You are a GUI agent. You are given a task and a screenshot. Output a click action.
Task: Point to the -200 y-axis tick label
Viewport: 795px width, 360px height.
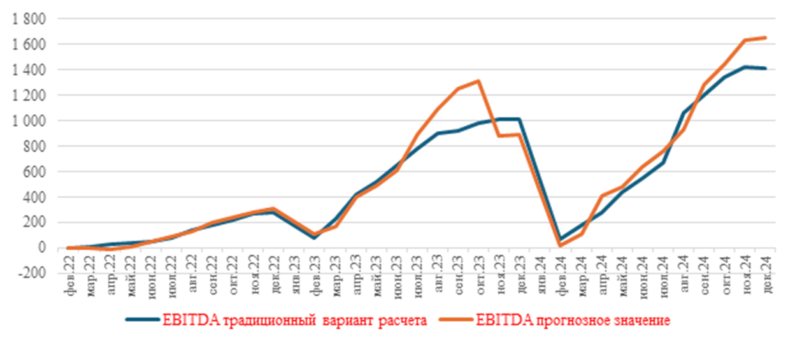(x=28, y=273)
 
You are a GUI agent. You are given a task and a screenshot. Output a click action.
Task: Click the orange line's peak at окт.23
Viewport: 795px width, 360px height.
(x=478, y=81)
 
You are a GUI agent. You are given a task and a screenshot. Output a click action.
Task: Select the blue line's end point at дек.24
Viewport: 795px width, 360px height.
(x=765, y=68)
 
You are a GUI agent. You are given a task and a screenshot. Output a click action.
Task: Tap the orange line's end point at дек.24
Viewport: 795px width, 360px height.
(x=765, y=38)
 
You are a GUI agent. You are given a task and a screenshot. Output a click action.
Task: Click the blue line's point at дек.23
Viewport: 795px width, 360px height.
(x=519, y=119)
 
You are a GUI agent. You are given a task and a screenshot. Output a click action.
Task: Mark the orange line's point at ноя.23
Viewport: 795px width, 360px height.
(x=499, y=136)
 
